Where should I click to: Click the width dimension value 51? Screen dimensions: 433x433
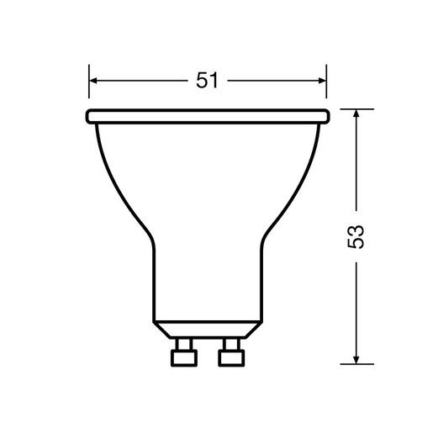[x=207, y=81]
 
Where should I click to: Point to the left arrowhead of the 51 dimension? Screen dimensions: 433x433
[x=94, y=81]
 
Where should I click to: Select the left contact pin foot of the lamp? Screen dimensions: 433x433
[x=182, y=356]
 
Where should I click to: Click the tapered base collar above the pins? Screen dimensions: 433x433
[x=207, y=330]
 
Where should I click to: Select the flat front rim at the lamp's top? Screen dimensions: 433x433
[x=207, y=114]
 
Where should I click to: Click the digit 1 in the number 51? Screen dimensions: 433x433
[x=215, y=81]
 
